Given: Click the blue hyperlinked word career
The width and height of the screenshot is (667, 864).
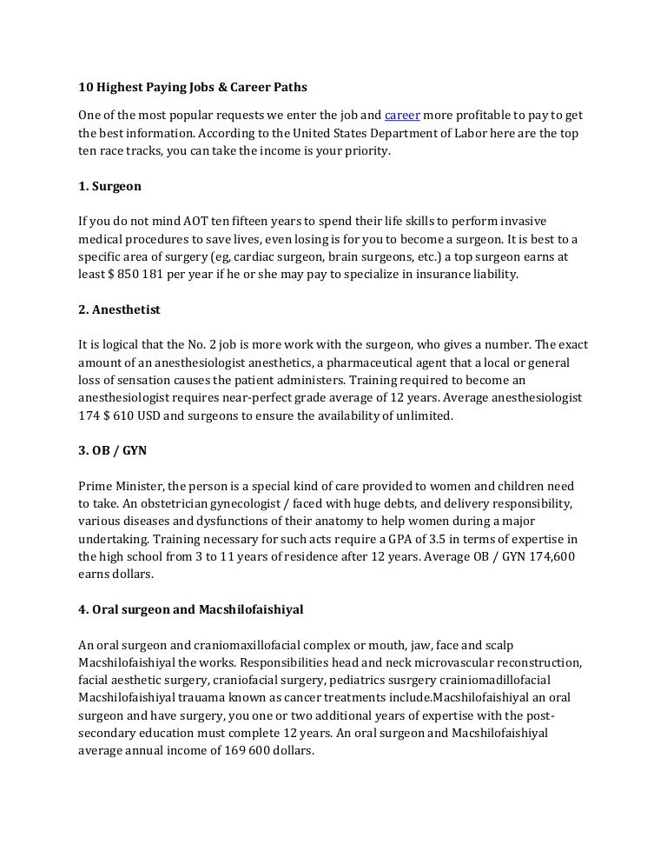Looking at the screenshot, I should [x=402, y=115].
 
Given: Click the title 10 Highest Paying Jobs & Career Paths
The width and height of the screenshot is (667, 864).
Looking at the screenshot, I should [x=193, y=88].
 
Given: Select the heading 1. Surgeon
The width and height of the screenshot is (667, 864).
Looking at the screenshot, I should [x=109, y=186].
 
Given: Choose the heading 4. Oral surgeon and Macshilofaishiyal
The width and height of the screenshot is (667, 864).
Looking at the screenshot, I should [x=191, y=609].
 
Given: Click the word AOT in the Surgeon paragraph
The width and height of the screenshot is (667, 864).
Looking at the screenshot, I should [x=201, y=222].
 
